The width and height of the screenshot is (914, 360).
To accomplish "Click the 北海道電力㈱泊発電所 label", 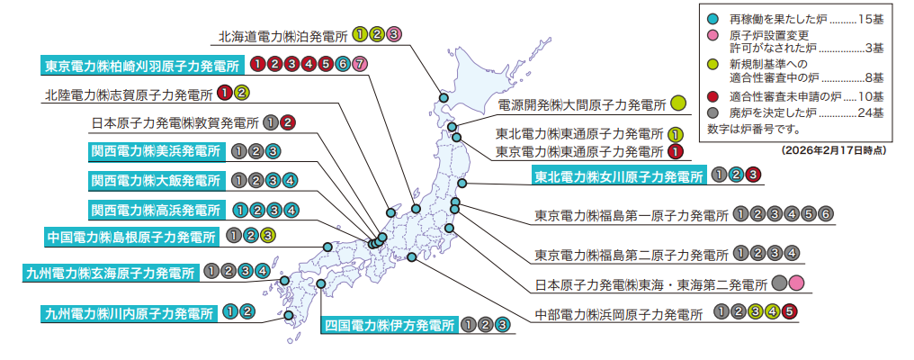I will pyautogui.click(x=282, y=37).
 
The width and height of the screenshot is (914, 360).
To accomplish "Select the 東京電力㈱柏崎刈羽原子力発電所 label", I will pyautogui.click(x=143, y=66).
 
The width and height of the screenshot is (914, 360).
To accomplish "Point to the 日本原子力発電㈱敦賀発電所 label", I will pyautogui.click(x=175, y=122).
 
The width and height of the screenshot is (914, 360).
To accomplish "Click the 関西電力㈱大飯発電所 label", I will pyautogui.click(x=156, y=180).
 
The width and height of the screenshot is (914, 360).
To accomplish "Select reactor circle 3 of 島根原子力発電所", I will pyautogui.click(x=267, y=237).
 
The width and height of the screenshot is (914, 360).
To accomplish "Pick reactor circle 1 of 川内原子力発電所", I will pyautogui.click(x=231, y=312).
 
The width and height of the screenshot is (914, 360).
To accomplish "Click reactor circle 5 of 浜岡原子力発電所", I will pyautogui.click(x=789, y=312).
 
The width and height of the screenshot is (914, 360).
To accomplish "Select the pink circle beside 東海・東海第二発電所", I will pyautogui.click(x=796, y=283).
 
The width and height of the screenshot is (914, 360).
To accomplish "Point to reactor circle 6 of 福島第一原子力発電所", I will pyautogui.click(x=827, y=214).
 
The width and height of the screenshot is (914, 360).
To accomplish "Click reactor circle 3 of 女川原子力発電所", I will pyautogui.click(x=753, y=175).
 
